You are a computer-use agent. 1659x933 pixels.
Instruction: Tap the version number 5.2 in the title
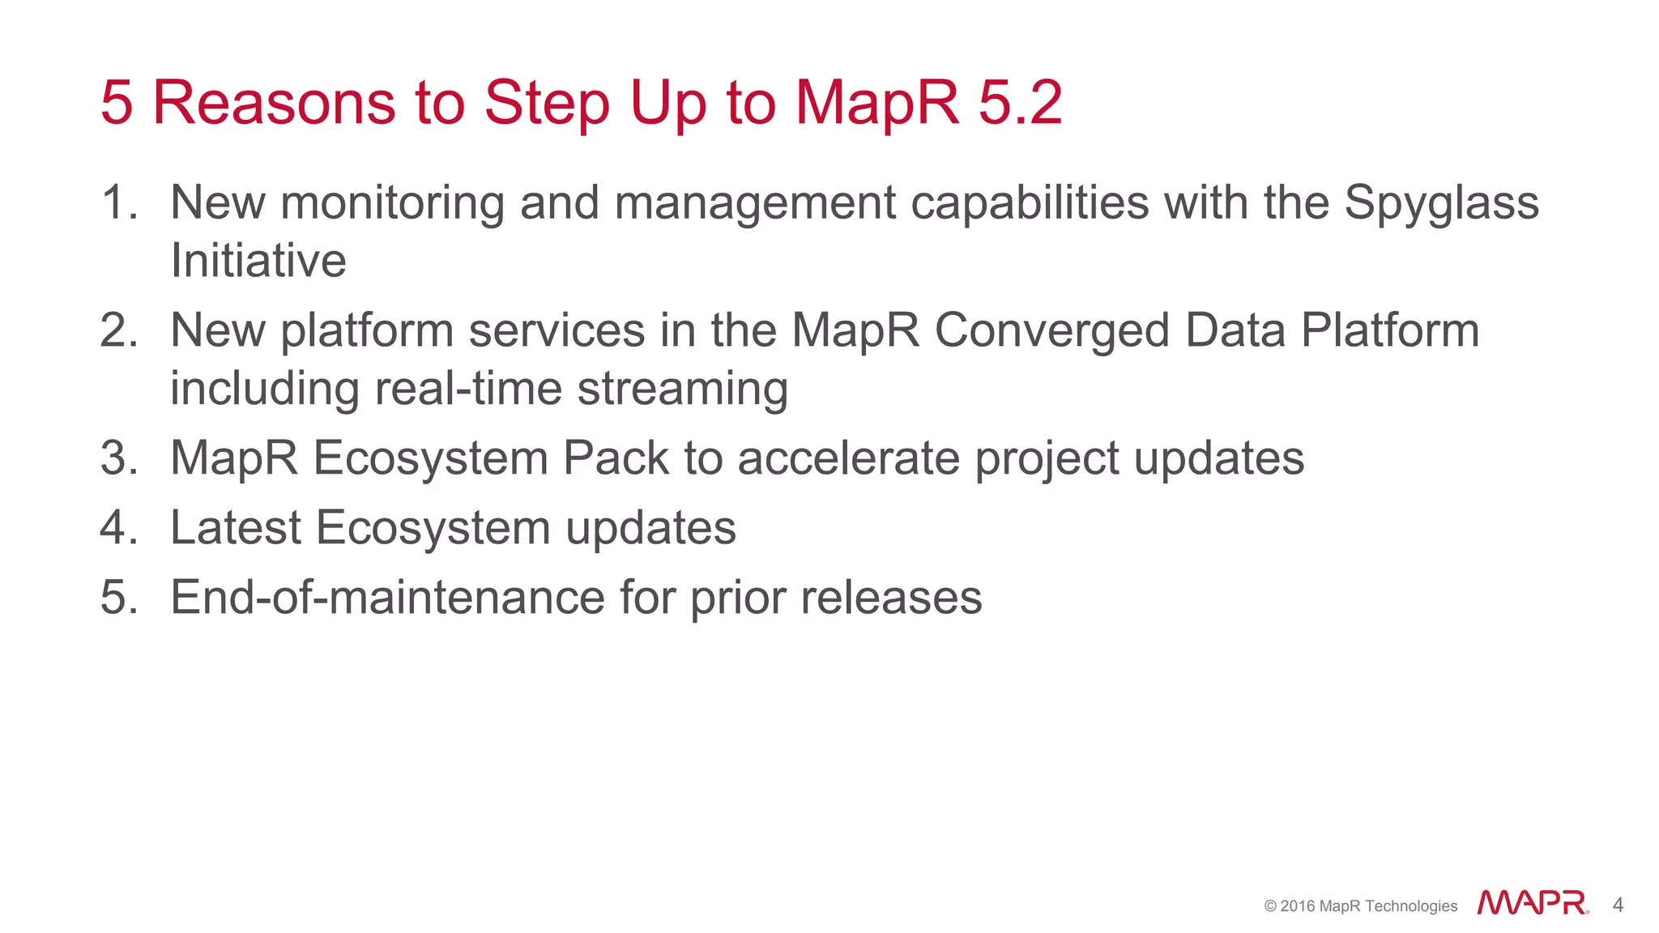pyautogui.click(x=1020, y=103)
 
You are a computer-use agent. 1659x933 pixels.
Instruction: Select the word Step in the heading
pyautogui.click(x=546, y=103)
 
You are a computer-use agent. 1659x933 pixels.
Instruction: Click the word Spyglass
pyautogui.click(x=1441, y=202)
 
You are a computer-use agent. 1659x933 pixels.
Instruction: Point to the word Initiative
pyautogui.click(x=258, y=261)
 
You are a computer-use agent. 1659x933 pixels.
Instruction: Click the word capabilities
pyautogui.click(x=1030, y=202)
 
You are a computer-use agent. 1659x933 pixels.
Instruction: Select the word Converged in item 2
pyautogui.click(x=1051, y=330)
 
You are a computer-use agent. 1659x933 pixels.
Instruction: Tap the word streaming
pyautogui.click(x=682, y=389)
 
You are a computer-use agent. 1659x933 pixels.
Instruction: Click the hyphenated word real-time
pyautogui.click(x=467, y=389)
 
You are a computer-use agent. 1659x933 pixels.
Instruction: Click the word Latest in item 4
pyautogui.click(x=236, y=528)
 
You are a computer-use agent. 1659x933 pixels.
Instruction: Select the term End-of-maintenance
pyautogui.click(x=387, y=598)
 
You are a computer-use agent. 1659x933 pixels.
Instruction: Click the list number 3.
pyautogui.click(x=119, y=458)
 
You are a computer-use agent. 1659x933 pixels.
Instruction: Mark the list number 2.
pyautogui.click(x=119, y=330)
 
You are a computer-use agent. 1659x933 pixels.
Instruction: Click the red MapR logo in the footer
pyautogui.click(x=1532, y=903)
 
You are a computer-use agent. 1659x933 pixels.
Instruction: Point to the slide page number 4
pyautogui.click(x=1618, y=905)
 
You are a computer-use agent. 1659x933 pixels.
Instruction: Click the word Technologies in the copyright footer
pyautogui.click(x=1410, y=906)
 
